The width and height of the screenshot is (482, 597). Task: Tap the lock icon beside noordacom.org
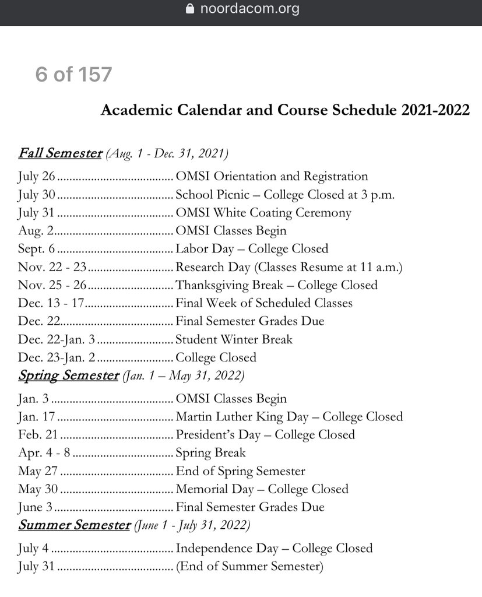pos(189,9)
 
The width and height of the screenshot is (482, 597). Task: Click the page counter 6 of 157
pos(73,75)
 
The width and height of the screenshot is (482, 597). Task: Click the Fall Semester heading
pos(60,153)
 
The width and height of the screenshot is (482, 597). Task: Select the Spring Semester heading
pos(68,375)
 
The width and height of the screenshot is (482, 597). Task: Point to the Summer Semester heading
pos(74,525)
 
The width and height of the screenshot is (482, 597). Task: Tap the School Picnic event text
pos(285,195)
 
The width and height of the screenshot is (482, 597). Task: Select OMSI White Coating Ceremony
pos(263,213)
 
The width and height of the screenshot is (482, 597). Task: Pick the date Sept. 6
pos(37,249)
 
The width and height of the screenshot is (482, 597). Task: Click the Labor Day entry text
pos(252,249)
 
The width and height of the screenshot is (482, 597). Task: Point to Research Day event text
pos(289,268)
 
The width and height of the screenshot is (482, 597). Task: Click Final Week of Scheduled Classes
pos(264,303)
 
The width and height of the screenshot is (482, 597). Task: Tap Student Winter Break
pos(234,339)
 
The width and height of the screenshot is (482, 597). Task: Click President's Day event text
pos(265,435)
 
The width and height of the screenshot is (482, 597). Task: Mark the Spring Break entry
pos(210,453)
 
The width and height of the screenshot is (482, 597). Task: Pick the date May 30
pos(38,489)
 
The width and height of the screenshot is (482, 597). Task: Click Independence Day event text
pos(274,548)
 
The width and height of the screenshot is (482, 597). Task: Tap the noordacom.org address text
pos(249,9)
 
